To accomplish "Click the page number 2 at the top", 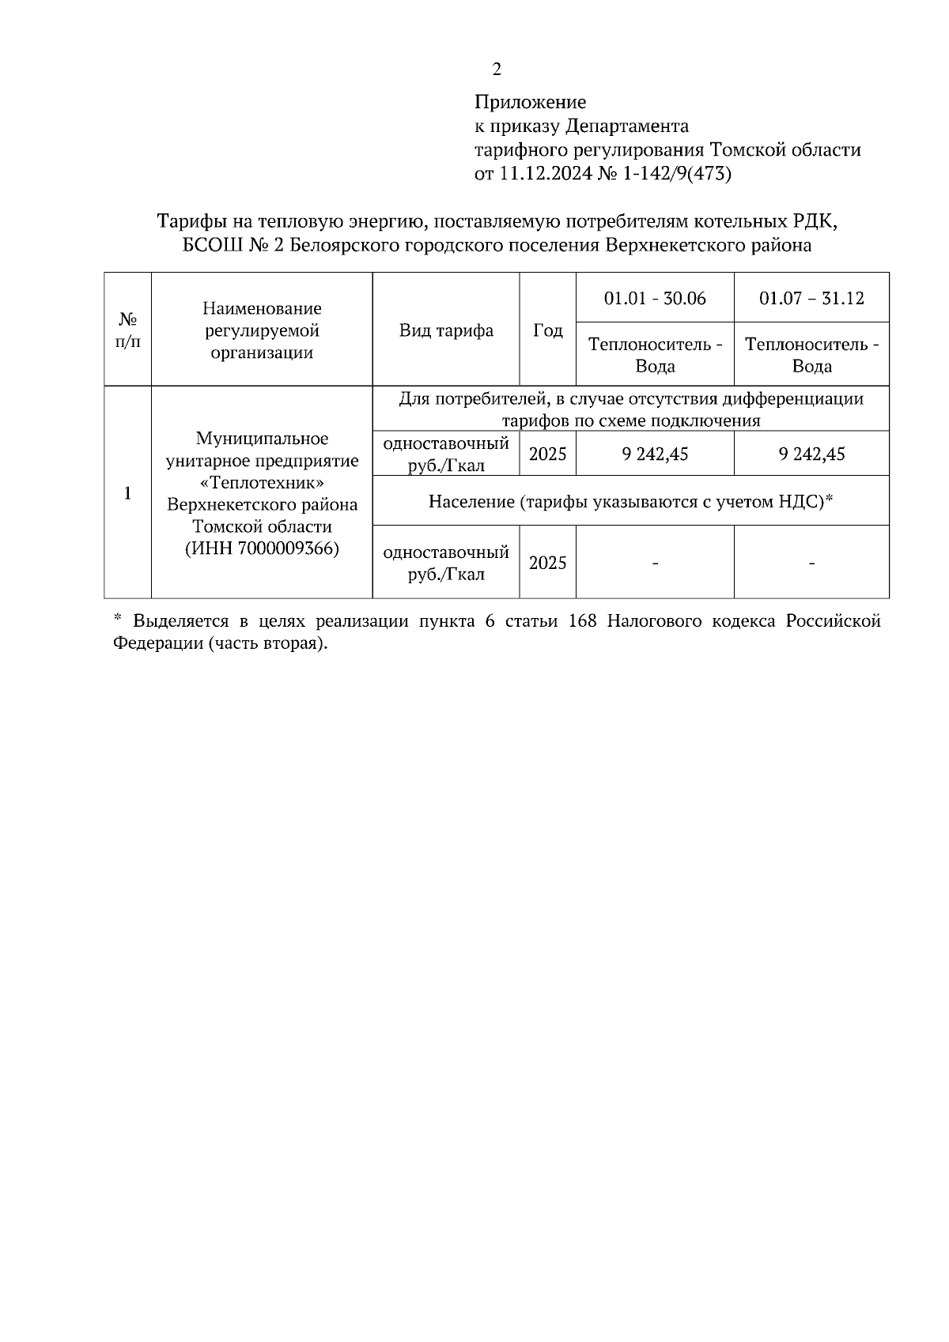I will click(496, 70).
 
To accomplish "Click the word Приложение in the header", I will click(530, 102).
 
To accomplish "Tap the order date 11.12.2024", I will click(545, 173).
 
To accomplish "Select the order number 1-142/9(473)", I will click(678, 173).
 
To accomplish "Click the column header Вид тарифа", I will click(446, 330).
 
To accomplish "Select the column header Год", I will click(547, 330).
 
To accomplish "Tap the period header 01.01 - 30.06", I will click(655, 298).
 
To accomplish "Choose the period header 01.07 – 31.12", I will click(811, 298).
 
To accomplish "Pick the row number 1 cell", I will click(127, 493).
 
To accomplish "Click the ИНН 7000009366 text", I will click(262, 548).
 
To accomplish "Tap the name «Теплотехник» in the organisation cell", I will click(262, 482).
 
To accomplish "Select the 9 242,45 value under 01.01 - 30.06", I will click(655, 454).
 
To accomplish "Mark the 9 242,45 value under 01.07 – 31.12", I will click(811, 454).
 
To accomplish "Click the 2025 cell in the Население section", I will click(547, 563).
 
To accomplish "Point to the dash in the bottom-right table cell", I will click(811, 563).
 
